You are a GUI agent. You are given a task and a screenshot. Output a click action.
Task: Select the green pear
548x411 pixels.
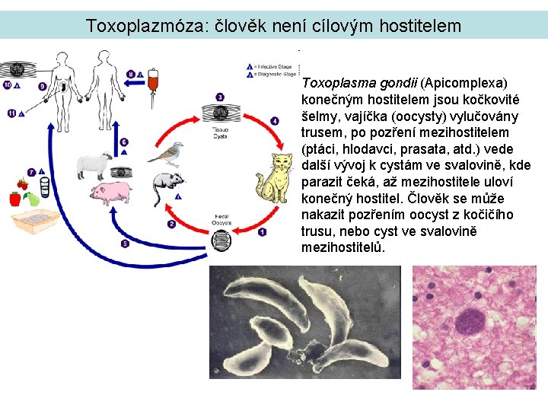(x=32, y=199)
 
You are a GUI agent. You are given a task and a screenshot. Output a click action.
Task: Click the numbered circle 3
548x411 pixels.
(x=220, y=97)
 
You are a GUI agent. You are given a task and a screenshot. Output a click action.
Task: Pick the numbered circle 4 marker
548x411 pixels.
(x=275, y=120)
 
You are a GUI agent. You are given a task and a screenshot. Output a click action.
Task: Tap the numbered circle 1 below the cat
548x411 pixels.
(x=263, y=231)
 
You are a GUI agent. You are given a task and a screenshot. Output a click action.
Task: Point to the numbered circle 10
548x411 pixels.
(x=7, y=84)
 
